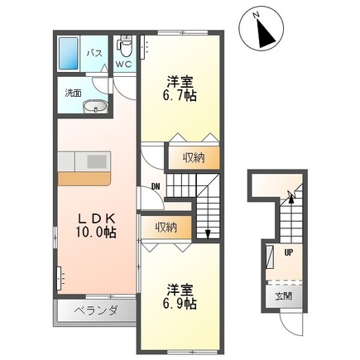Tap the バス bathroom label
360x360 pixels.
[94, 54]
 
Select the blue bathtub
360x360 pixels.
[70, 54]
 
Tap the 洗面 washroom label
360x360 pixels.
[73, 93]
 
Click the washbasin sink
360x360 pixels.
[96, 106]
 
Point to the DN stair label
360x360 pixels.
[155, 185]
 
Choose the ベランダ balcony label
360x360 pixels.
[96, 311]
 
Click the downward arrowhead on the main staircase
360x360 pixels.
[207, 233]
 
